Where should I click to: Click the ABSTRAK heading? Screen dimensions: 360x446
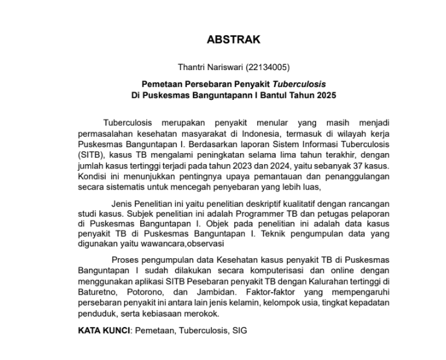click(x=233, y=40)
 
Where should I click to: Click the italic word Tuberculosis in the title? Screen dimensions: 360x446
click(x=299, y=84)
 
